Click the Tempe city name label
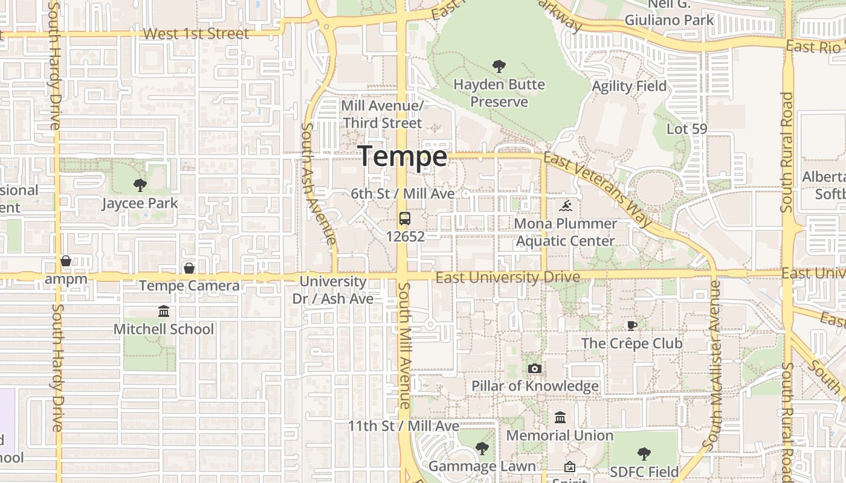(404, 156)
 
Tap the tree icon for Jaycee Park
(140, 185)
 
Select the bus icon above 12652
(405, 219)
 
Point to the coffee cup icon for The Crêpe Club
(632, 326)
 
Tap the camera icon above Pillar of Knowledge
(534, 369)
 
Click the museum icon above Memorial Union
(560, 418)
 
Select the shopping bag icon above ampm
(66, 261)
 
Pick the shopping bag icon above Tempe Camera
(189, 268)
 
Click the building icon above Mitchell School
(164, 312)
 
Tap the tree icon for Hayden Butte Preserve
(499, 66)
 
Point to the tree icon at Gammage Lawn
(482, 449)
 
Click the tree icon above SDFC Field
(644, 454)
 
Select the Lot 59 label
(687, 129)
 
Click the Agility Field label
(629, 86)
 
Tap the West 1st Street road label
(196, 34)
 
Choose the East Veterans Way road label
(598, 189)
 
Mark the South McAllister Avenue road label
(713, 366)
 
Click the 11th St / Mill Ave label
(404, 426)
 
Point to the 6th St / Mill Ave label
(402, 194)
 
